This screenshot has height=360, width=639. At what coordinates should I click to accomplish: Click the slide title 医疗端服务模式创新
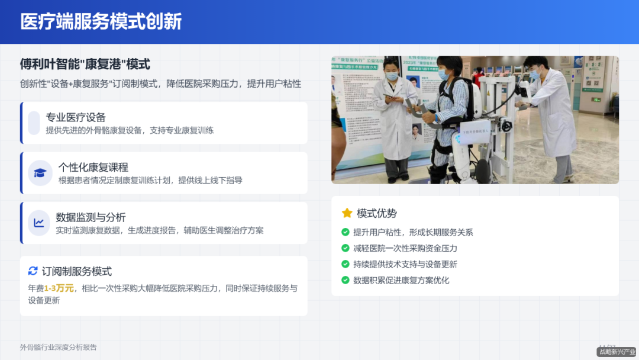click(x=101, y=22)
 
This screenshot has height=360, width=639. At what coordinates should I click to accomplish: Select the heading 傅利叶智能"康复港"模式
click(x=85, y=64)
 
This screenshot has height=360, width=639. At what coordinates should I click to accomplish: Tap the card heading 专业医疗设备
click(x=76, y=117)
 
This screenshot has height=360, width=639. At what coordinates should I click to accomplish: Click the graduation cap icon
click(x=40, y=173)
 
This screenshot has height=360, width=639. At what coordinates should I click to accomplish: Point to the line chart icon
click(x=40, y=223)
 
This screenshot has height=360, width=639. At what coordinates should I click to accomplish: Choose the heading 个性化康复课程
click(x=93, y=167)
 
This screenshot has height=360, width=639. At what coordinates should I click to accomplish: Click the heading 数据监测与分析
click(x=91, y=217)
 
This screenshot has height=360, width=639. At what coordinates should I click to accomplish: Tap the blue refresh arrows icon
click(x=33, y=271)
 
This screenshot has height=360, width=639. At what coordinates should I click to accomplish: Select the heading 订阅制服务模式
click(x=77, y=271)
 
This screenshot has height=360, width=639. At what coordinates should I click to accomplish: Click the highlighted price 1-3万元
click(x=59, y=288)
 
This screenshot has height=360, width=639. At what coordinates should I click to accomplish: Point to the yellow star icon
click(x=347, y=213)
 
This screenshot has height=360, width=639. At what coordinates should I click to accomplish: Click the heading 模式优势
click(x=377, y=213)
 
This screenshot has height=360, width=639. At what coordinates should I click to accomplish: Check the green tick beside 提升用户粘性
click(x=346, y=232)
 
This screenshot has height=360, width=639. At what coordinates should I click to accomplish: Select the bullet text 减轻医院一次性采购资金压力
click(x=405, y=248)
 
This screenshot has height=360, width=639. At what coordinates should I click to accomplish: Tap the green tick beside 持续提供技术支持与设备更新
click(x=346, y=264)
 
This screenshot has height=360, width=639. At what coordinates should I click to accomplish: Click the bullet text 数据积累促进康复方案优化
click(x=401, y=280)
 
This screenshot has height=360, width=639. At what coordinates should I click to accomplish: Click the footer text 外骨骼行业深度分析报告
click(x=58, y=348)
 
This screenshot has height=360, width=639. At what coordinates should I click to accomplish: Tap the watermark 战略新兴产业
click(x=617, y=352)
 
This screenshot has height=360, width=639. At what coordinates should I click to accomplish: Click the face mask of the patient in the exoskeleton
click(x=443, y=75)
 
